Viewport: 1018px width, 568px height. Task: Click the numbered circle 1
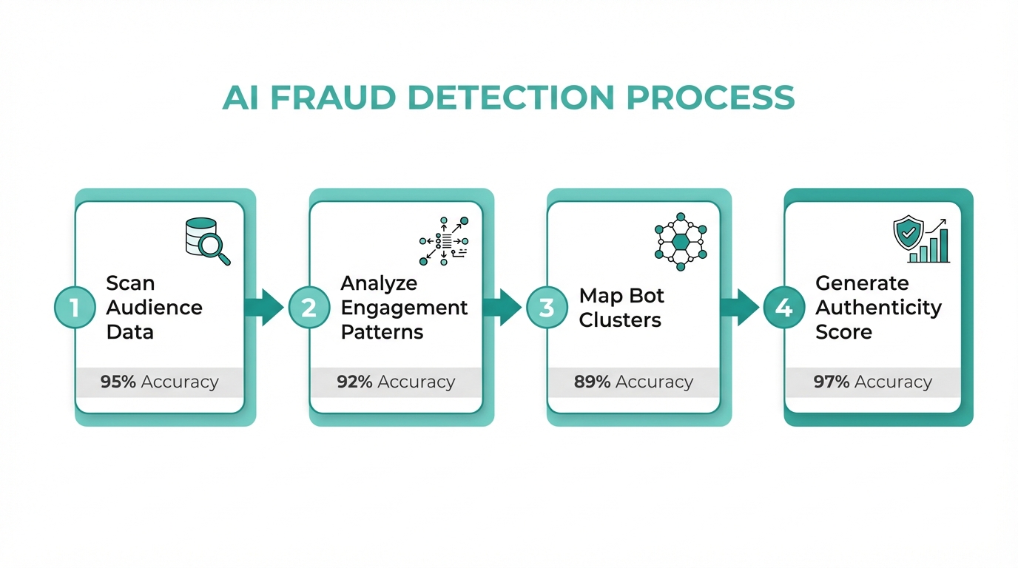tap(75, 307)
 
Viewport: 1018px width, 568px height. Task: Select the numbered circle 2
tap(309, 307)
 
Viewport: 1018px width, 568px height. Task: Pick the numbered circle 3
tap(547, 307)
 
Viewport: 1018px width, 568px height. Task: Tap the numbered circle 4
tap(783, 307)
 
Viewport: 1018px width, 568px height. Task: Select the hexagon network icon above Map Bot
tap(681, 241)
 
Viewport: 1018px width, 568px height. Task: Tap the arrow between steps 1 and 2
tap(264, 307)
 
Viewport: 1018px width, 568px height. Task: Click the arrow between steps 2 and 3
tap(502, 307)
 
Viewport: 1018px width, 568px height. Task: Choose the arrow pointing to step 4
tap(739, 307)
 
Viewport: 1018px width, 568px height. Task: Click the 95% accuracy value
tap(118, 382)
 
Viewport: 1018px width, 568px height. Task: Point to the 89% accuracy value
tap(592, 382)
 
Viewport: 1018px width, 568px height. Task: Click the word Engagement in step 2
tap(404, 308)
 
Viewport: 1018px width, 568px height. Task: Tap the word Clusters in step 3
tap(620, 320)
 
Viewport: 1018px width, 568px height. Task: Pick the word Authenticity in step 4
tap(878, 308)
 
